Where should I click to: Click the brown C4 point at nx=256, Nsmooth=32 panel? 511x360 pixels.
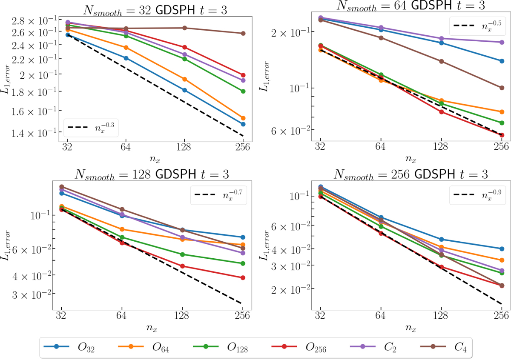pyautogui.click(x=243, y=33)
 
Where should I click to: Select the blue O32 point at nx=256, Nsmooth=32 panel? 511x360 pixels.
pyautogui.click(x=243, y=124)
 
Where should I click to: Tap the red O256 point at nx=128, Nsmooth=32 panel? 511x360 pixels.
pyautogui.click(x=184, y=47)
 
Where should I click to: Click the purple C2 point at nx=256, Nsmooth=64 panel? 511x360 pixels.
pyautogui.click(x=502, y=42)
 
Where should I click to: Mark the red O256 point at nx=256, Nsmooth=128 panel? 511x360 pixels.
pyautogui.click(x=243, y=277)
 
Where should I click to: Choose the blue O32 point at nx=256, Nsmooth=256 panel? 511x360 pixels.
pyautogui.click(x=502, y=249)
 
